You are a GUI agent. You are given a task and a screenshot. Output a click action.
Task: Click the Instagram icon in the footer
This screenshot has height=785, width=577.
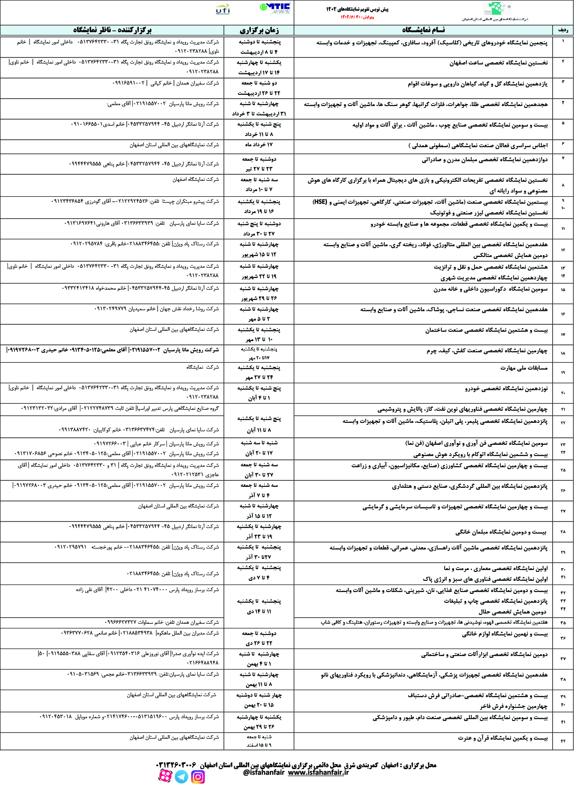pyautogui.click(x=198, y=777)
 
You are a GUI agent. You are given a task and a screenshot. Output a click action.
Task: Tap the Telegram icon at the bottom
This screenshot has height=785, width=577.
pyautogui.click(x=181, y=777)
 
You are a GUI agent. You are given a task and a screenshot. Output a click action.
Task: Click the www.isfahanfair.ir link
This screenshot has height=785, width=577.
pyautogui.click(x=318, y=772)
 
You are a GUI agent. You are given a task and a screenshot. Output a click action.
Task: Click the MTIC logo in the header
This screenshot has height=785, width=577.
pyautogui.click(x=275, y=8)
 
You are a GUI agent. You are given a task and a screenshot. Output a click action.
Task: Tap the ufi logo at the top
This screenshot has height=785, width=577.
pyautogui.click(x=223, y=9)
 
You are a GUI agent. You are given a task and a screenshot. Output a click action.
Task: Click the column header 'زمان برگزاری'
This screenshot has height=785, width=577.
pyautogui.click(x=259, y=30)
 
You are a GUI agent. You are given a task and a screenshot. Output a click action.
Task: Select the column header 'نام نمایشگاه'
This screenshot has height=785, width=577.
pyautogui.click(x=423, y=30)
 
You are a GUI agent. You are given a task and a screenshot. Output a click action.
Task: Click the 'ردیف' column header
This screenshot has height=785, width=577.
pyautogui.click(x=563, y=30)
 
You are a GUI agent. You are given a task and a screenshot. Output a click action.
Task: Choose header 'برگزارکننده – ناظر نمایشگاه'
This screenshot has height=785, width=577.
pyautogui.click(x=112, y=30)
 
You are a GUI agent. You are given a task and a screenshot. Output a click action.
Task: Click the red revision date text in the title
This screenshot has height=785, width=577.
pyautogui.click(x=357, y=17)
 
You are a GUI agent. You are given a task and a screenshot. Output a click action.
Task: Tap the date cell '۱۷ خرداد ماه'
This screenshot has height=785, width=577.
pyautogui.click(x=259, y=145)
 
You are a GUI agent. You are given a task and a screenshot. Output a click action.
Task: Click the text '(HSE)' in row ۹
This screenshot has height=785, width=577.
pyautogui.click(x=320, y=202)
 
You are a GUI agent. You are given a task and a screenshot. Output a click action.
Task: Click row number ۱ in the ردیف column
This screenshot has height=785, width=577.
pyautogui.click(x=563, y=41)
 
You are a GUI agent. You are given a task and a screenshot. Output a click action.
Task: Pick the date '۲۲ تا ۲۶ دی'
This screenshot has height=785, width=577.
pyautogui.click(x=259, y=643)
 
